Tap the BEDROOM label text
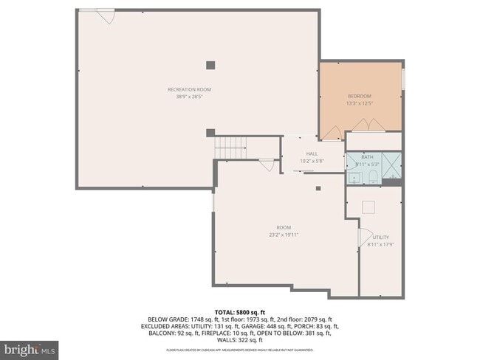pos(360,96)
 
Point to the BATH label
pos(366,156)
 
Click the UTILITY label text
pos(380,237)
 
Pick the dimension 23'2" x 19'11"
pos(283,235)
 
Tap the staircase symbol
pos(230,148)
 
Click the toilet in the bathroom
pos(374,176)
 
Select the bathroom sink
pos(354,177)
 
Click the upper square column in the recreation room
pos(210,65)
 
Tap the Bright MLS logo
pos(30,347)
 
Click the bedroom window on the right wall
pos(403,78)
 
